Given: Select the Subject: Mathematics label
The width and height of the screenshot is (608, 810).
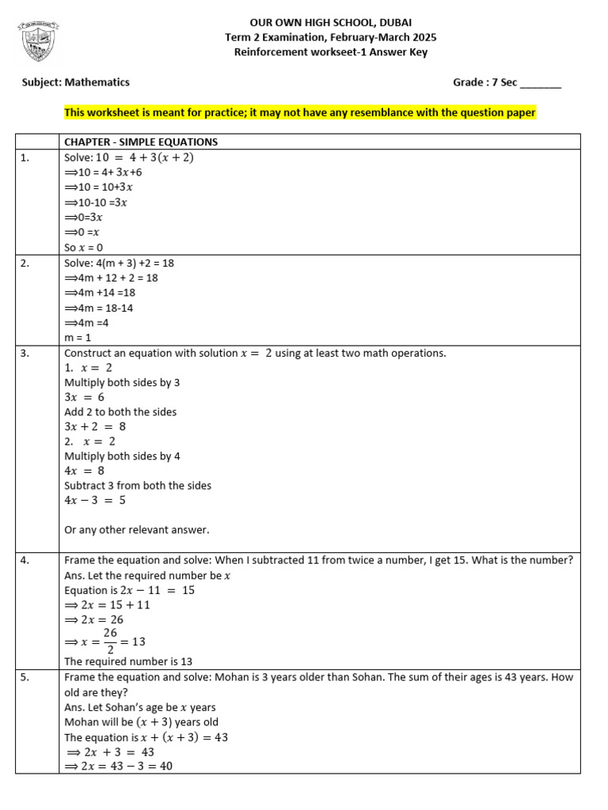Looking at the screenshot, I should pos(76,82).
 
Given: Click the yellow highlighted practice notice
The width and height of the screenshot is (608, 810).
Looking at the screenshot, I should pos(300,113).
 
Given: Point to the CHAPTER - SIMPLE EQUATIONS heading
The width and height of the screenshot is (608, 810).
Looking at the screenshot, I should pos(141,142).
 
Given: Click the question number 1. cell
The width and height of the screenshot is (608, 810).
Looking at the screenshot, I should pos(26,157).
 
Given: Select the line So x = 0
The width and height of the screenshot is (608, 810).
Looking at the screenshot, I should pos(84,248).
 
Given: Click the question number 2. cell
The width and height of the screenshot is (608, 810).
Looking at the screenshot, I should pos(26,263).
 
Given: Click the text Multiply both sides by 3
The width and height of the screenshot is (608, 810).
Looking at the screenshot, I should pos(122,382).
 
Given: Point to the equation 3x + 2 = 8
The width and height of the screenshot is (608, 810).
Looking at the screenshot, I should pos(95,426).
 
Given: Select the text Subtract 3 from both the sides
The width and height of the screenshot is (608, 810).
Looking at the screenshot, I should pos(138,486).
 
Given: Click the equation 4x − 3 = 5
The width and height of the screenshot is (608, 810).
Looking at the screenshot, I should pos(95,500).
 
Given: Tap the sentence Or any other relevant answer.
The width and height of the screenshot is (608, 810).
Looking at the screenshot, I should pos(137,530).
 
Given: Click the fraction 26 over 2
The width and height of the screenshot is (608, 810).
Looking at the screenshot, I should pos(110,641).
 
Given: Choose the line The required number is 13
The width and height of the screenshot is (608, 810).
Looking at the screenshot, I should pos(128,661).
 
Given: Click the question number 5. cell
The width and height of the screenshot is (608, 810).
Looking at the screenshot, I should pos(26,678).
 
